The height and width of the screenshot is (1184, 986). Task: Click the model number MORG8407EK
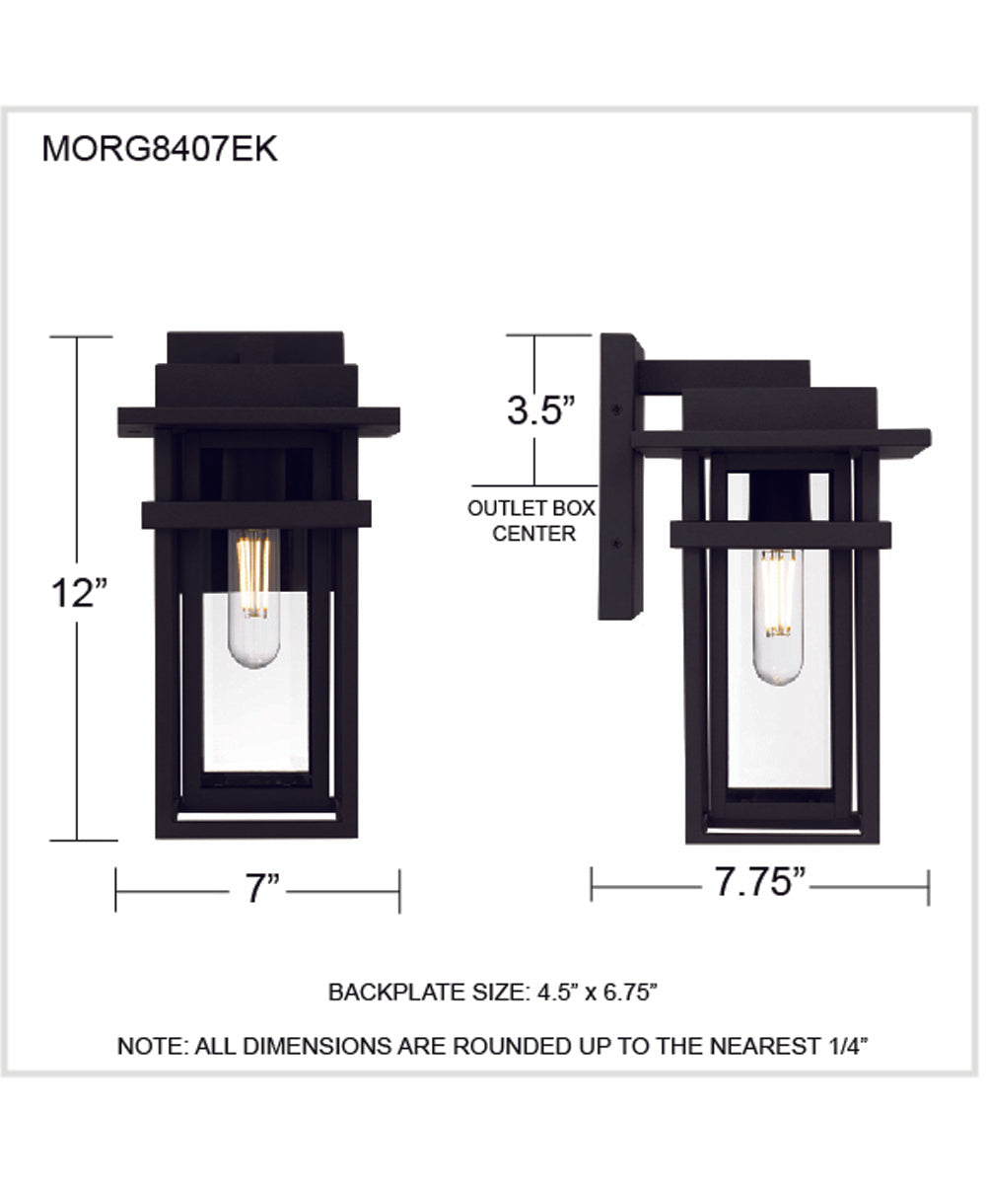click(x=160, y=149)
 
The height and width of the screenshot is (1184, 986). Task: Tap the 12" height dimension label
click(x=80, y=594)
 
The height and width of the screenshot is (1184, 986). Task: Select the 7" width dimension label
click(x=262, y=889)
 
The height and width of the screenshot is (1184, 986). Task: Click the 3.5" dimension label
click(x=540, y=410)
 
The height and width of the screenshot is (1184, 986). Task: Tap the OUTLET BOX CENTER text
click(x=532, y=522)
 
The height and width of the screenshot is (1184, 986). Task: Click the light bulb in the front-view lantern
click(x=253, y=597)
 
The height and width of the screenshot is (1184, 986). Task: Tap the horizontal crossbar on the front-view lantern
click(x=256, y=514)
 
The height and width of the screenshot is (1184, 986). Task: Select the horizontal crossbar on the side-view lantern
click(x=780, y=534)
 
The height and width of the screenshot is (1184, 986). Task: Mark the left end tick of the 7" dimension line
click(x=116, y=890)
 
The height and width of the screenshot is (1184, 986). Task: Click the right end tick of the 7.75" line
click(x=929, y=887)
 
